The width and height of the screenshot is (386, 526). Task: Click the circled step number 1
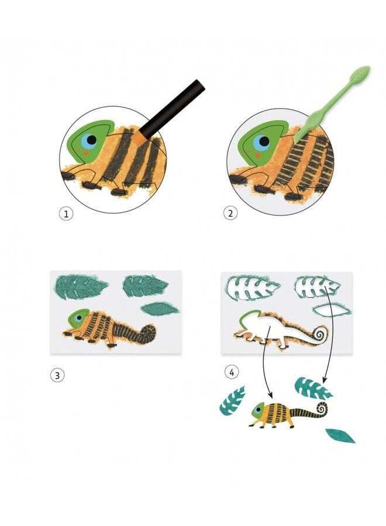[x=66, y=214]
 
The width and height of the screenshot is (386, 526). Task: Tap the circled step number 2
[x=230, y=213]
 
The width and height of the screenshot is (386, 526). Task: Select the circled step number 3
[x=57, y=375]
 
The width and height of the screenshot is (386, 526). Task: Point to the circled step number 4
[x=232, y=372]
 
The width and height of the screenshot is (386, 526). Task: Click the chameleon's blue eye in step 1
[x=90, y=140]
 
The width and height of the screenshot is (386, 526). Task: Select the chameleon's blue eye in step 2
[x=261, y=142]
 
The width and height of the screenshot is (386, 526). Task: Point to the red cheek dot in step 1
[x=85, y=153]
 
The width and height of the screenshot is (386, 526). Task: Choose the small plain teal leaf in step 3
[x=160, y=308]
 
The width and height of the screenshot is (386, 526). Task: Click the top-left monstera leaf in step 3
[x=81, y=286]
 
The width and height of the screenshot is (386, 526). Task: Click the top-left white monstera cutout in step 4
[x=253, y=288]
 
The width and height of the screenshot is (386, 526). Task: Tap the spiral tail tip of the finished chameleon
[x=323, y=409]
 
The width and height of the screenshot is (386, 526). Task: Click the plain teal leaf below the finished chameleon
[x=340, y=435]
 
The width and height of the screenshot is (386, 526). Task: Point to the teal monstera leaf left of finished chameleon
[x=233, y=400]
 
